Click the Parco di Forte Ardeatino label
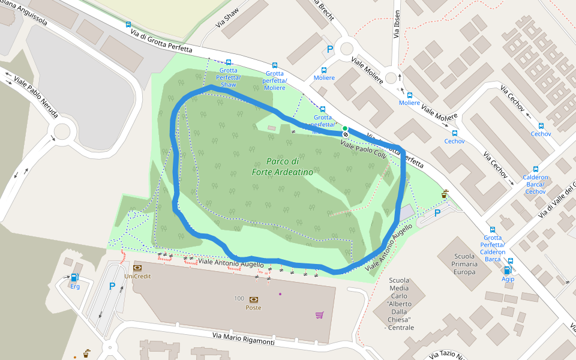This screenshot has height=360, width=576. [x=290, y=167]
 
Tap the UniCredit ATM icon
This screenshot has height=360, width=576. [x=137, y=267]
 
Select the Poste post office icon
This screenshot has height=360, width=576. [x=253, y=299]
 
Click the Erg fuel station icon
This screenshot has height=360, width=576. [x=75, y=277]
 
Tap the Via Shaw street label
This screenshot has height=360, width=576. [x=227, y=19]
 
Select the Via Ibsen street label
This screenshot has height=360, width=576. [x=397, y=25]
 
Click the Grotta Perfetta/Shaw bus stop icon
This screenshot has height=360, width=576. [x=228, y=62]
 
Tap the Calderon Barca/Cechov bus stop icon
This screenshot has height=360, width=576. [x=535, y=169]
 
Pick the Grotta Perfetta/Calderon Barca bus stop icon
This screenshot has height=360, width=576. [x=493, y=229]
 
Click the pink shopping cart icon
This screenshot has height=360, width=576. [x=319, y=314]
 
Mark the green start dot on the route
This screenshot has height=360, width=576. [x=345, y=128]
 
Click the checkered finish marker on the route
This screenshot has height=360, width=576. [x=345, y=134]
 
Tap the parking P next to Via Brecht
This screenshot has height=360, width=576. [x=329, y=50]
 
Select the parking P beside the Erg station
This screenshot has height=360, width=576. [x=112, y=287]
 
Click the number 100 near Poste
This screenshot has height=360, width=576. [x=239, y=298]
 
